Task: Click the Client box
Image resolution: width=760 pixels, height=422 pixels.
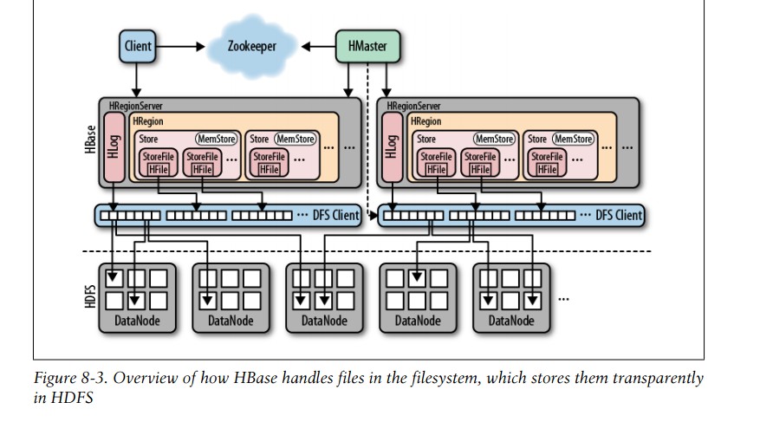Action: click(x=138, y=46)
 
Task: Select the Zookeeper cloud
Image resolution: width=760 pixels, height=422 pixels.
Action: click(x=251, y=46)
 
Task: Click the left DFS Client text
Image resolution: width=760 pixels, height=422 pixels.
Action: click(x=335, y=215)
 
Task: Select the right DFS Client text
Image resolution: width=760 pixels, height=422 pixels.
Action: click(x=618, y=215)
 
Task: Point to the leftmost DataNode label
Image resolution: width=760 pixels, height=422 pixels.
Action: click(x=137, y=321)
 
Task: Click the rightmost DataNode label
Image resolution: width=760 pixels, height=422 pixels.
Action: click(x=510, y=321)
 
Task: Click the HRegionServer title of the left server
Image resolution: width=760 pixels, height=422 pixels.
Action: click(x=135, y=105)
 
